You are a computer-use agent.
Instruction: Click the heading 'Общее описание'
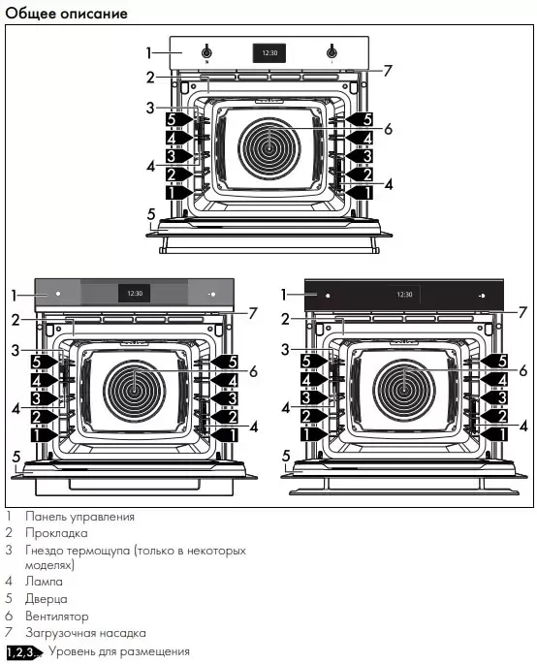pos(67,14)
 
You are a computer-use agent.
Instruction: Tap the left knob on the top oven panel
pos(206,52)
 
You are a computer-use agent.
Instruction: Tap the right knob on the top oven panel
pos(332,52)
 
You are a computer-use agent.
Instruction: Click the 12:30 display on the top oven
pos(269,53)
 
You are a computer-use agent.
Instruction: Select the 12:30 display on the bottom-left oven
pos(135,293)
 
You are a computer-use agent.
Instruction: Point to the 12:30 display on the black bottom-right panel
pos(404,295)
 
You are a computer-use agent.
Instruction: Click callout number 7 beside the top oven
pos(388,71)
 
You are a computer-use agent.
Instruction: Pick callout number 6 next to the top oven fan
pos(388,129)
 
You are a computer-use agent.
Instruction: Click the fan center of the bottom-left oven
pos(135,391)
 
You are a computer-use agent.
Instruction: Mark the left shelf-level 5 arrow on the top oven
pos(179,119)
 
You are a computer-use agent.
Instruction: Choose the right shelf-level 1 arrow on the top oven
pos(360,192)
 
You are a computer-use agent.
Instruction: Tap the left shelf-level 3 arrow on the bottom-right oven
pos(314,397)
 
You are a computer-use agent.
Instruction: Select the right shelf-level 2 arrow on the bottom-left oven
pos(225,417)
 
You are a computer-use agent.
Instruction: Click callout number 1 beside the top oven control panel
pos(148,53)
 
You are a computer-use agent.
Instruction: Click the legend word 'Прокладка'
pos(56,533)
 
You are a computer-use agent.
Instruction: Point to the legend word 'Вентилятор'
pos(57,616)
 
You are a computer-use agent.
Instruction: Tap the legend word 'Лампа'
pos(44,582)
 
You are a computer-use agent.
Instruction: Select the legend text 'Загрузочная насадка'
pos(85,633)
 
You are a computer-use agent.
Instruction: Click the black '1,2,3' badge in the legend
pos(24,652)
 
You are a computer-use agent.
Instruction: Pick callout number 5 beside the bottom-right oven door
pos(286,456)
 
